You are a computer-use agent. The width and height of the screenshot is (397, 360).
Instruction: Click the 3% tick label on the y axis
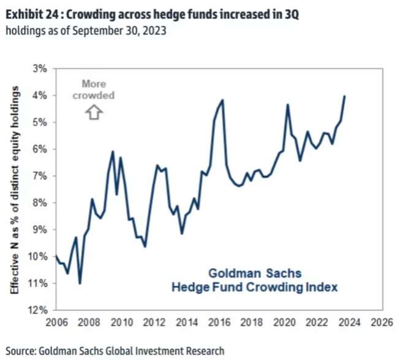40,68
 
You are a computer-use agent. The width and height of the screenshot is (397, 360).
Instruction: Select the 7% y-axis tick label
40,175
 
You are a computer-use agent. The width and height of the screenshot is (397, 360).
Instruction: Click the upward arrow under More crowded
94,112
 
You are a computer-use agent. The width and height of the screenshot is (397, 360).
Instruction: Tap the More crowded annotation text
94,90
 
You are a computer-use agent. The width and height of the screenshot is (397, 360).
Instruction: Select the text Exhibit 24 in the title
29,11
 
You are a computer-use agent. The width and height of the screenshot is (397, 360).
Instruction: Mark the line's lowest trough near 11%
80,283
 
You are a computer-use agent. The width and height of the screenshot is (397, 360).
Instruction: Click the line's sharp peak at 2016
222,100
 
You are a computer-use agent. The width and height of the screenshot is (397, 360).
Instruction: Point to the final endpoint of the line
345,96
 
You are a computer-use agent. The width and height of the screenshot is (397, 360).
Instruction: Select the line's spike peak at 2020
287,105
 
